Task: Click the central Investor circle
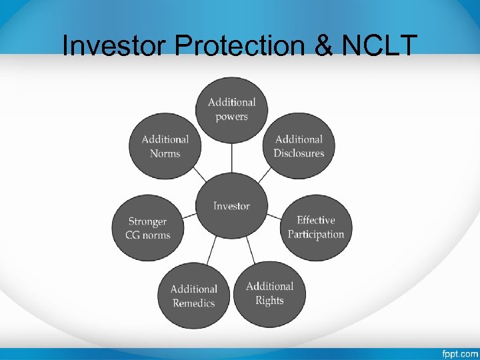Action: (x=231, y=206)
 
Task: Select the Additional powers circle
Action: (x=231, y=109)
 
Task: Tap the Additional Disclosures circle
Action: (x=299, y=146)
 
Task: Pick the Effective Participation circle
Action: (x=315, y=227)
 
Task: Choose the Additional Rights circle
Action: (x=269, y=293)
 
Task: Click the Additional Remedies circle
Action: (x=193, y=296)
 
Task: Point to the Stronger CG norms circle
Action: (x=147, y=228)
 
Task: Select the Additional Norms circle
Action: (x=165, y=146)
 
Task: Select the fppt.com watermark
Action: (x=459, y=353)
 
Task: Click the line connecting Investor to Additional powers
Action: (x=231, y=159)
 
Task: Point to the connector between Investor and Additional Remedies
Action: (x=212, y=251)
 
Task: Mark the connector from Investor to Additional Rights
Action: (x=251, y=249)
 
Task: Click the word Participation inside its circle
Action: (x=316, y=235)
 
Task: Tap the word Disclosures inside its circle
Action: (x=299, y=153)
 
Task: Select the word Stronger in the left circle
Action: (x=147, y=221)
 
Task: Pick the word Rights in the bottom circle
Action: (x=269, y=301)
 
